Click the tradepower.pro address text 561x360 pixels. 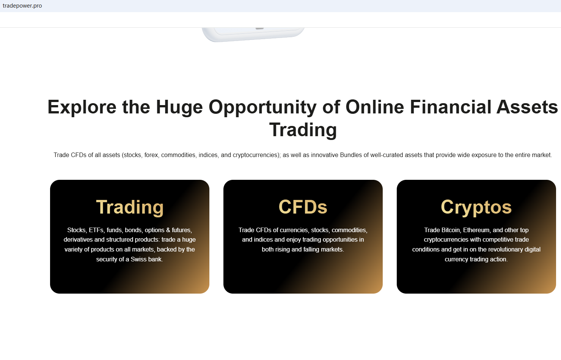[22, 6]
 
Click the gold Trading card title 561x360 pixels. [130, 207]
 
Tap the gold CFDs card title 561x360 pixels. [303, 207]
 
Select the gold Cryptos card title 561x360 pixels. [476, 207]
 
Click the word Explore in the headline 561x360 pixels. [82, 107]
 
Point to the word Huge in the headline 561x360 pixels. [179, 107]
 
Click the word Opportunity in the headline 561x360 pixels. [262, 107]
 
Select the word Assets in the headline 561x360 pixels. [527, 107]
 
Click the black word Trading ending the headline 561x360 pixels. [303, 130]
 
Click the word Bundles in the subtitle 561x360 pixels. [351, 155]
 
